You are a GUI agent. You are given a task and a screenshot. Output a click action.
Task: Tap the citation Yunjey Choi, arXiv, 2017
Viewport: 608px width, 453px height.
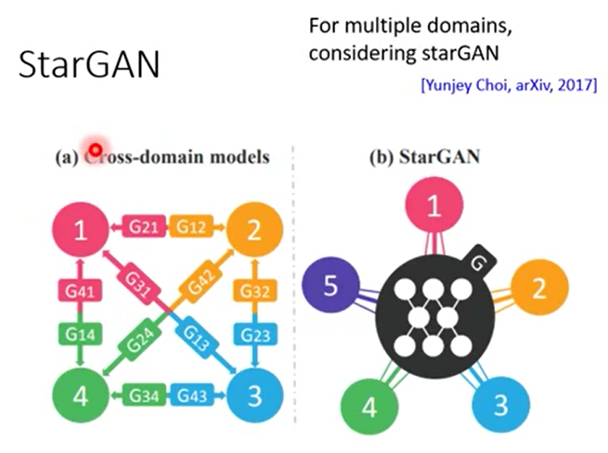pyautogui.click(x=508, y=86)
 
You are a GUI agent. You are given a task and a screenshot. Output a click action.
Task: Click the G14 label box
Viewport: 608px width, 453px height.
pyautogui.click(x=81, y=331)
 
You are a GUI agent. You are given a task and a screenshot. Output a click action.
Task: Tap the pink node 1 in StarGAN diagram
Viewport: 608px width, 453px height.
pyautogui.click(x=433, y=210)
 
